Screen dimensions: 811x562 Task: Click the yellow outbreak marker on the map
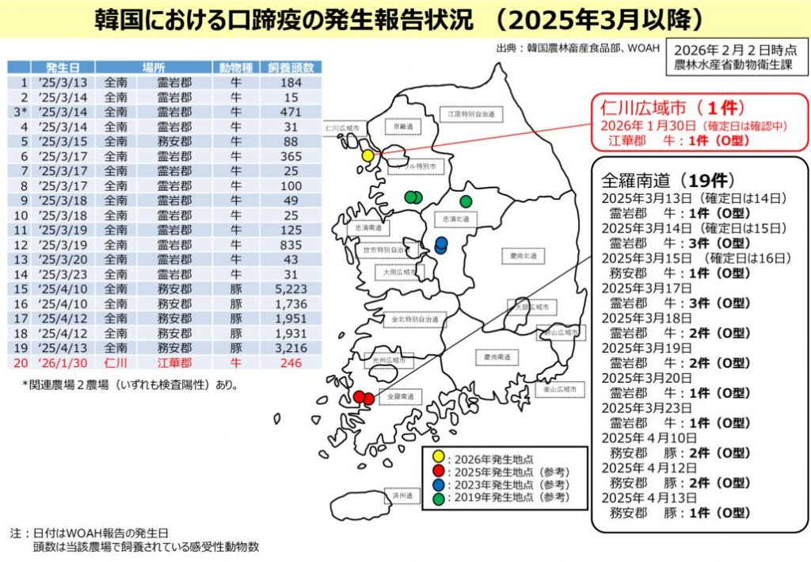[367, 155]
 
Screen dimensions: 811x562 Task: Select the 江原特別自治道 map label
[471, 114]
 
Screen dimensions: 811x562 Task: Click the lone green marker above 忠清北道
[466, 201]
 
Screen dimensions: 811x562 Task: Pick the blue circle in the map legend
[437, 484]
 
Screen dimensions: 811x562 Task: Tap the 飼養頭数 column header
[290, 67]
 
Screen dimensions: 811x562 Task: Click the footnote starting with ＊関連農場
[130, 385]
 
